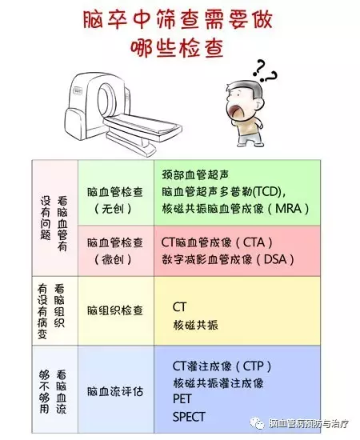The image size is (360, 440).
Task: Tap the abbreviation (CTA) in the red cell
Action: click(x=254, y=242)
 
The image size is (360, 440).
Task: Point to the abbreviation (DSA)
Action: click(x=275, y=259)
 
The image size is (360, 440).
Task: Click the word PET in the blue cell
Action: click(x=182, y=399)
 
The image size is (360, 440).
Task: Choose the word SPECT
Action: click(x=189, y=417)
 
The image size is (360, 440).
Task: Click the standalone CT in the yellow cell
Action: click(x=179, y=307)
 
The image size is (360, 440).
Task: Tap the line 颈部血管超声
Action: click(x=195, y=175)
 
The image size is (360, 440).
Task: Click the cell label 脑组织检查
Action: click(x=115, y=310)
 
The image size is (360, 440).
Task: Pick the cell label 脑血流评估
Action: click(x=115, y=391)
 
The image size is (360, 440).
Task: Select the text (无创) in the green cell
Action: click(x=113, y=209)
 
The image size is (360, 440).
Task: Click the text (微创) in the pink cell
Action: click(x=113, y=259)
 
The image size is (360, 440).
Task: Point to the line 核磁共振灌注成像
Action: click(x=218, y=383)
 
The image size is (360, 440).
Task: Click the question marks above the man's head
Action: click(x=265, y=71)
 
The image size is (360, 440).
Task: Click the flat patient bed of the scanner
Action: click(x=143, y=125)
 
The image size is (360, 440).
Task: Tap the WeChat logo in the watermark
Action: click(x=258, y=423)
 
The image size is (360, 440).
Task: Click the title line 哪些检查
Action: click(x=177, y=48)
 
